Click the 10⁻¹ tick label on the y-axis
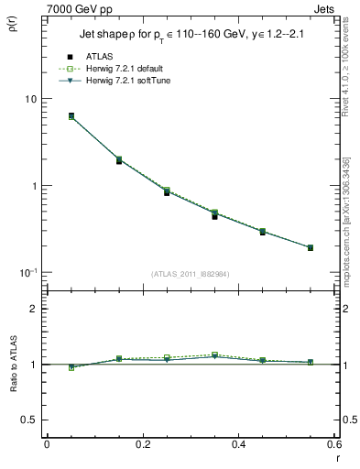(27, 273)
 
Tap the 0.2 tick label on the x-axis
(142, 444)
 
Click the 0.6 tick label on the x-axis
(333, 444)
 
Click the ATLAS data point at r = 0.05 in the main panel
(71, 116)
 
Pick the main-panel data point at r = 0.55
(311, 247)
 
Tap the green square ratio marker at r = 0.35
(214, 354)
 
